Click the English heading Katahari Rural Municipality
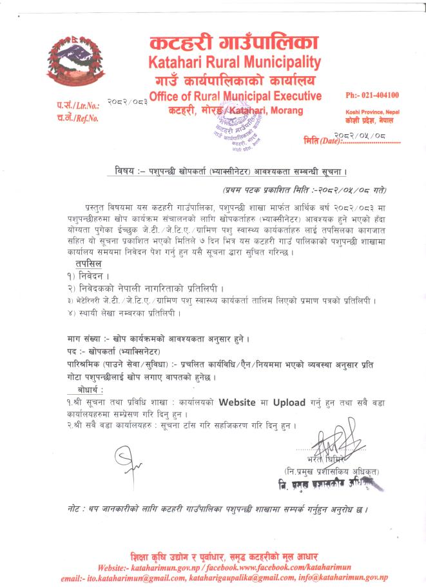(235, 63)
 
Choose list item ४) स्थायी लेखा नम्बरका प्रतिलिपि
(123, 313)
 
